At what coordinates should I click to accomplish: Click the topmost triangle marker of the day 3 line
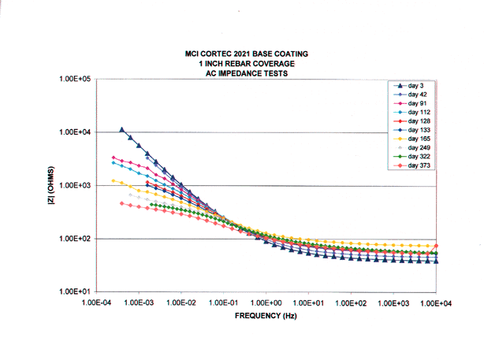[x=122, y=130]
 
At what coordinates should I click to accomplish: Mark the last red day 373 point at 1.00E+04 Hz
[x=436, y=247]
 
